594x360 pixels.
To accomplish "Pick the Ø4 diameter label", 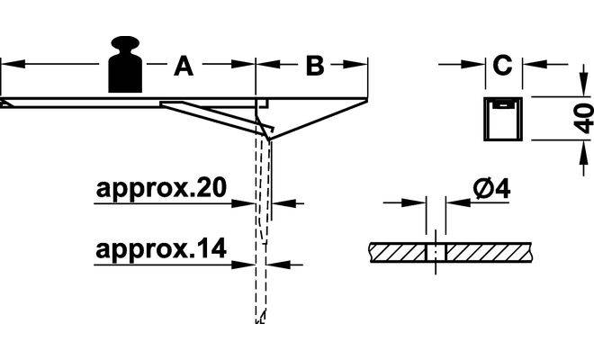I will click(x=490, y=189).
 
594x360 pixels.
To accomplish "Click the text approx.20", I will click(x=160, y=189).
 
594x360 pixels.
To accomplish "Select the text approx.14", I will click(x=160, y=248).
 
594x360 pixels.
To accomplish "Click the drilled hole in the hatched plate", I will click(x=434, y=251).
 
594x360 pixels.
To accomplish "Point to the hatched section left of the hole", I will click(x=396, y=251).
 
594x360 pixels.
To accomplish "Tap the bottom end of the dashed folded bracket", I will click(x=260, y=317).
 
